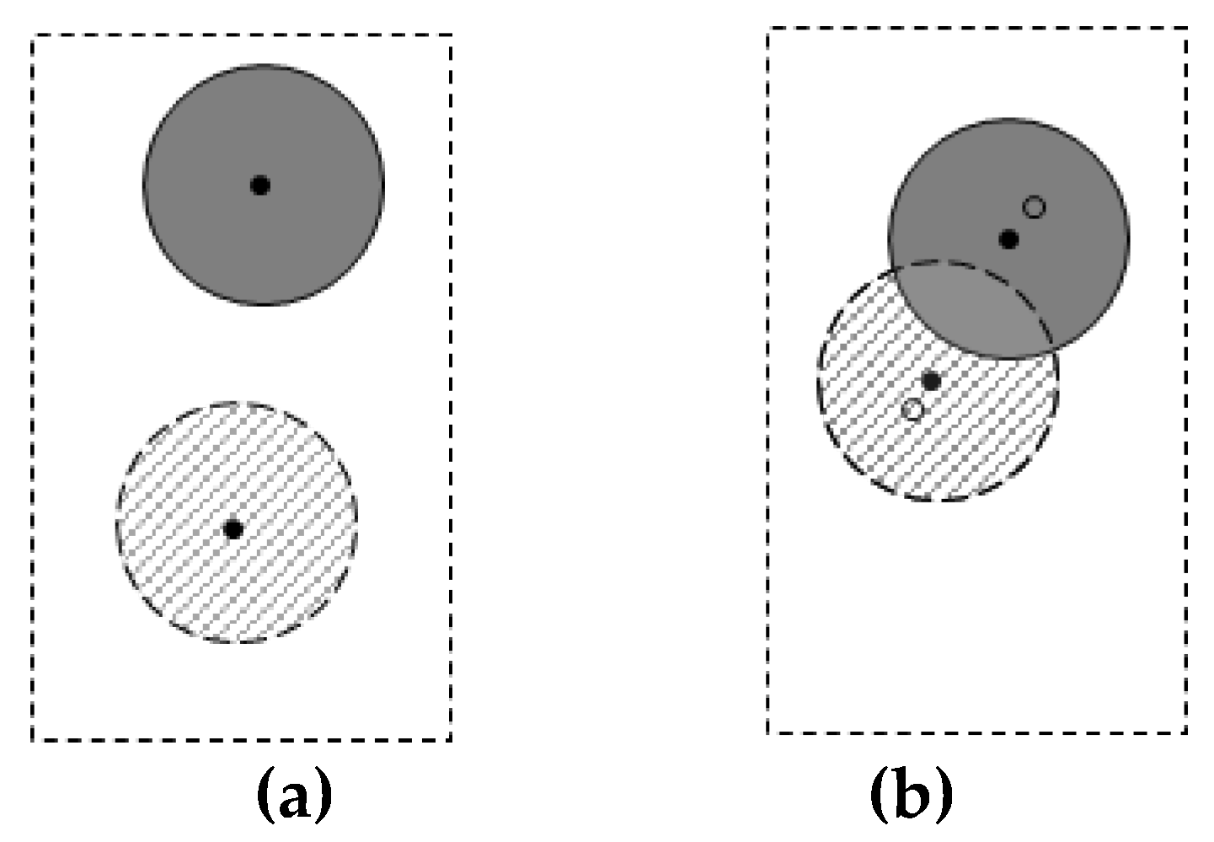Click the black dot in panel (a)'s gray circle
pyautogui.click(x=260, y=185)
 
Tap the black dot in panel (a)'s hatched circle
pyautogui.click(x=234, y=529)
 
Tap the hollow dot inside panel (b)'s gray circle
pyautogui.click(x=1034, y=206)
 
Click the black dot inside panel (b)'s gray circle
pyautogui.click(x=1008, y=239)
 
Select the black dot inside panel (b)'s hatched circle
pyautogui.click(x=931, y=381)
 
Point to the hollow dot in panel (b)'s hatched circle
pyautogui.click(x=912, y=410)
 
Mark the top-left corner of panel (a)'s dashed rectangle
pyautogui.click(x=33, y=36)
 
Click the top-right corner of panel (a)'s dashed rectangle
pyautogui.click(x=451, y=36)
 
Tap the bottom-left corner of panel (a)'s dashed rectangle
pyautogui.click(x=33, y=740)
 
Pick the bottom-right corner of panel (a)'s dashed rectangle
pyautogui.click(x=451, y=740)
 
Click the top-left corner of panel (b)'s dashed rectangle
pyautogui.click(x=768, y=29)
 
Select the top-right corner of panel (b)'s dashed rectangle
pyautogui.click(x=1186, y=29)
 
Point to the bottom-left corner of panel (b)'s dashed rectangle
pyautogui.click(x=768, y=732)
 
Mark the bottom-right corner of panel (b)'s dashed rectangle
pyautogui.click(x=1186, y=732)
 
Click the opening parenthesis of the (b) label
pyautogui.click(x=879, y=796)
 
